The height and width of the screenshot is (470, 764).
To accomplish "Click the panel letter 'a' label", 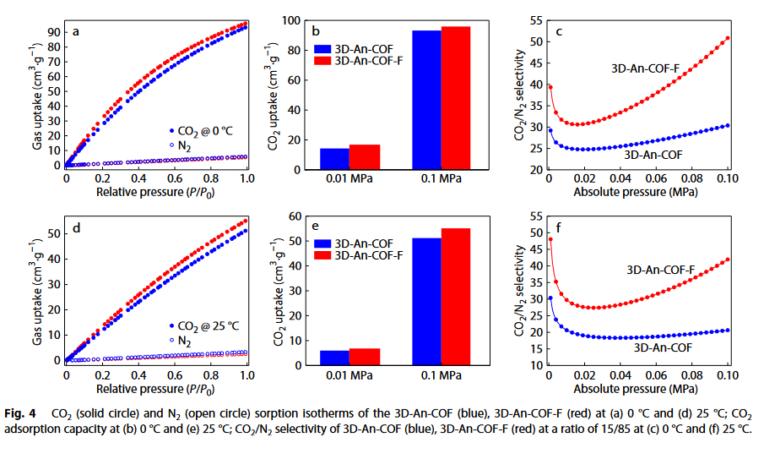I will [x=77, y=32].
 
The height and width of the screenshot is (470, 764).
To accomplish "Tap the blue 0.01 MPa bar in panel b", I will [x=334, y=159].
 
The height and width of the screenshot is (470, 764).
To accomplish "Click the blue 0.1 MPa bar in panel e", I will [x=426, y=302].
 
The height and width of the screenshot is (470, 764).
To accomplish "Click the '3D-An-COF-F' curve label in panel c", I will [x=646, y=68].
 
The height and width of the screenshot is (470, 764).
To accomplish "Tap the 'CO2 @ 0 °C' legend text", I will [x=206, y=131].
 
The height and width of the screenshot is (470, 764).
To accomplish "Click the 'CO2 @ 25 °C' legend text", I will [x=208, y=326].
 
